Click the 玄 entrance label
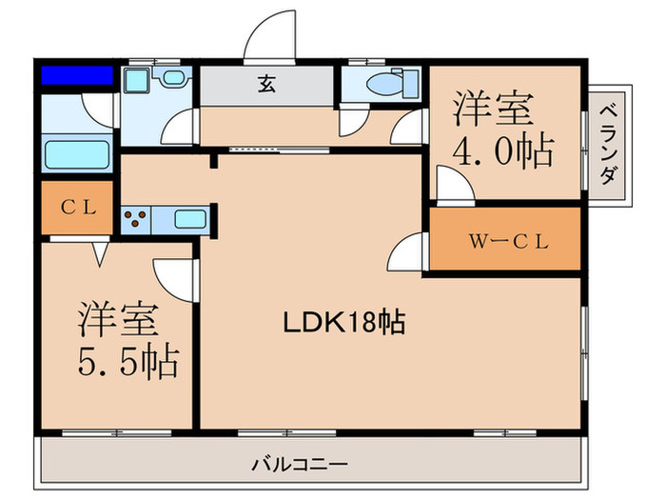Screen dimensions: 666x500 pos(266,84)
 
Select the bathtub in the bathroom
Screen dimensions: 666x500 pos(77,154)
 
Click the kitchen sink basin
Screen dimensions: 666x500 pos(190,219)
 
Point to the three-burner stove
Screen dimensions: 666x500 pos(136,219)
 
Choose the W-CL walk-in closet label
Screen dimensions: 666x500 pos(508,242)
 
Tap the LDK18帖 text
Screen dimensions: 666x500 pos(344,323)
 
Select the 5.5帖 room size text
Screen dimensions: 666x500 pos(127,361)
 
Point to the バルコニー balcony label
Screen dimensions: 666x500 pos(300,464)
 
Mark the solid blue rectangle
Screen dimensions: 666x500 pos(77,75)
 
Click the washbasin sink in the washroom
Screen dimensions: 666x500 pos(173,77)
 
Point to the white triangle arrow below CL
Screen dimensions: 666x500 pos(100,254)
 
